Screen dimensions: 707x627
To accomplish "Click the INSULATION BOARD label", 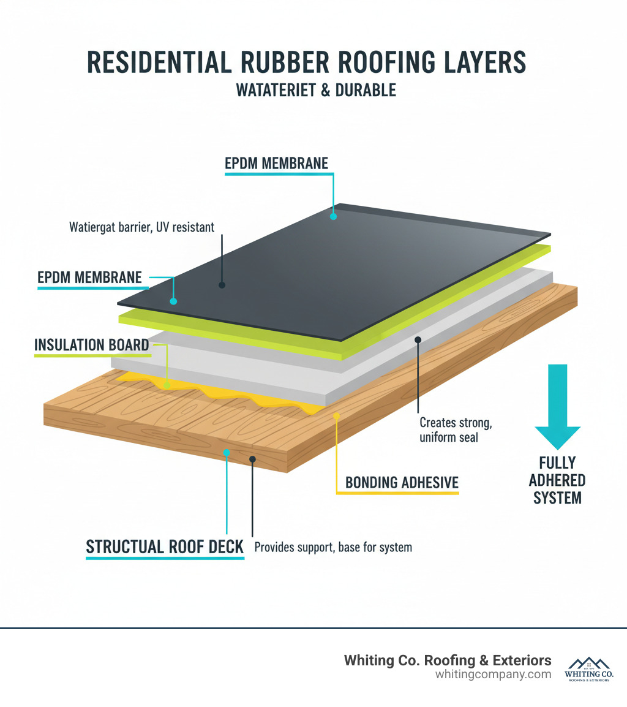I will click(92, 345).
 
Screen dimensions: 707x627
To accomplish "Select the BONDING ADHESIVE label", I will click(402, 483).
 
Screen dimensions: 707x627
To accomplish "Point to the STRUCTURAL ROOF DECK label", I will click(165, 547).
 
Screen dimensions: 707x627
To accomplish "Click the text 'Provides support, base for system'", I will click(332, 547).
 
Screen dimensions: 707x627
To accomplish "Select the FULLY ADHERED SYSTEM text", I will click(557, 480).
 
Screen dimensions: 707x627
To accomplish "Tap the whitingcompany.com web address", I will click(493, 675).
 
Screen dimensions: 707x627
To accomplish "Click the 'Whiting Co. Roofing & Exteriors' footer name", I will click(448, 660).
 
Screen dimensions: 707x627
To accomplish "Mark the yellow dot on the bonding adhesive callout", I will click(336, 416).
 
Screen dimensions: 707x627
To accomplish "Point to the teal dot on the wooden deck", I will click(227, 452).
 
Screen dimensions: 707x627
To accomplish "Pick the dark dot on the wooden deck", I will click(252, 458).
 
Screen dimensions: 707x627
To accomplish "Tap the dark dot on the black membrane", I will click(222, 285).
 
